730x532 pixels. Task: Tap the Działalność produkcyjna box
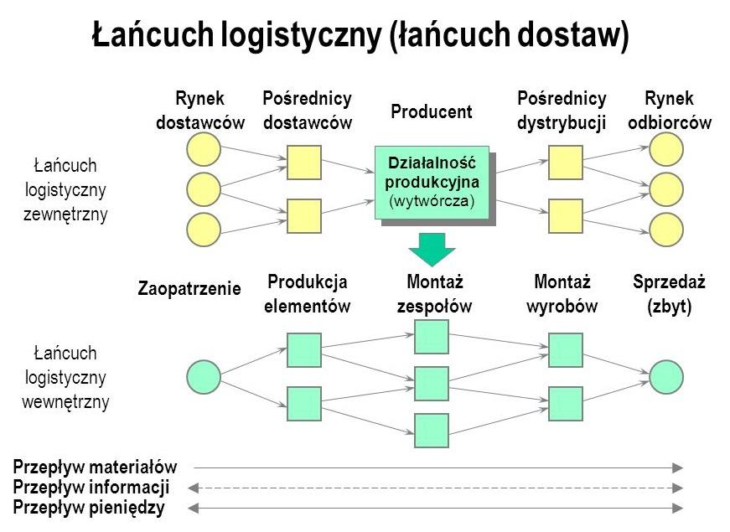click(x=432, y=182)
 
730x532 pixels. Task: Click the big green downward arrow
click(x=432, y=248)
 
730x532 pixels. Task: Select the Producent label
click(x=432, y=111)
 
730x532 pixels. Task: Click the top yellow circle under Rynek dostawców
click(x=204, y=149)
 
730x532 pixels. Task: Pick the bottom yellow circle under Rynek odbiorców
click(x=666, y=230)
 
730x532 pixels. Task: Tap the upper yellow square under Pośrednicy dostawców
click(x=304, y=163)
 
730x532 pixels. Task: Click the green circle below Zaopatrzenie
click(x=204, y=377)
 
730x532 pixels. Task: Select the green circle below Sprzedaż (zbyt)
click(x=666, y=377)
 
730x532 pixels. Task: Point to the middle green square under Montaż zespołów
click(x=432, y=384)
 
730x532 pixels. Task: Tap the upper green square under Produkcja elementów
click(x=304, y=350)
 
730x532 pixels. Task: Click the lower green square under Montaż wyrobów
click(x=566, y=404)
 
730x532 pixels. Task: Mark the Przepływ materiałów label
click(x=96, y=467)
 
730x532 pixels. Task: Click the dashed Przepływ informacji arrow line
click(x=435, y=488)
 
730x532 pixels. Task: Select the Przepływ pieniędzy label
click(x=89, y=508)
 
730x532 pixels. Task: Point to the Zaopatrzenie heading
click(x=189, y=289)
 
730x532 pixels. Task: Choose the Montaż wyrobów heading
click(x=562, y=293)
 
